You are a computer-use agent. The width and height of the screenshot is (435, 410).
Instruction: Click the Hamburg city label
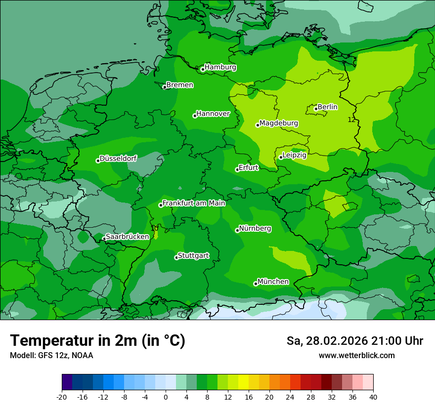coord(220,67)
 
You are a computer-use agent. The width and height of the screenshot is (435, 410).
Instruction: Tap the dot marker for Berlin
coord(316,109)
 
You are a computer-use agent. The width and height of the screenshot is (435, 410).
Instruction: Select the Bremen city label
coord(180,85)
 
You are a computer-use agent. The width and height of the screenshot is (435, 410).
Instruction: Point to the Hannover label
coord(213,114)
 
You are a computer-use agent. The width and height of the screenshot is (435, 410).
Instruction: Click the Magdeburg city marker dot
coord(258,125)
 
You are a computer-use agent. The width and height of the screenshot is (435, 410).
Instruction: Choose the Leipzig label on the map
coord(295,155)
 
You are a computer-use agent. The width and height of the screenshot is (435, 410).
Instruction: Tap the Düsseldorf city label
coord(118,159)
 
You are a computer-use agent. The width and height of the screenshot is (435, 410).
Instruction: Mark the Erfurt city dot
coord(237,169)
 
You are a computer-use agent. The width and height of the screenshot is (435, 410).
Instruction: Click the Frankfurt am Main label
coord(194,203)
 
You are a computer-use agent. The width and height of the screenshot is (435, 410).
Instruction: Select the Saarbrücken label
coord(128,237)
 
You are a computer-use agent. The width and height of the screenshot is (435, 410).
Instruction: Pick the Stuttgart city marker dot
coord(176,257)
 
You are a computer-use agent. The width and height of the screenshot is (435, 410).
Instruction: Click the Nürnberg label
coord(255,229)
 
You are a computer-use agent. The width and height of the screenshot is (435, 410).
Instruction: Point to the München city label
coord(273,282)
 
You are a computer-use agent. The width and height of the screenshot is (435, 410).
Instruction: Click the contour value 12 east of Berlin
coord(351,120)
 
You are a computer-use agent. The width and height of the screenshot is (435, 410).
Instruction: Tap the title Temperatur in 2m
coord(97,340)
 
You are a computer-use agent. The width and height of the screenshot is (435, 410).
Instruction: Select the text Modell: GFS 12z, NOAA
coord(51,355)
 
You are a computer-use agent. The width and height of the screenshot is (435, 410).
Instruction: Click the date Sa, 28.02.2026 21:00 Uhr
coord(354,341)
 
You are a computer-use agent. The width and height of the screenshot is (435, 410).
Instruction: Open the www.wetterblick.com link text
coord(356,355)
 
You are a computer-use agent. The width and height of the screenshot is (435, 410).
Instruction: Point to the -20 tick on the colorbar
coord(62,397)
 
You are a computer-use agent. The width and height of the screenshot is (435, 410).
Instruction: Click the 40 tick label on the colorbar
coord(373,397)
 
